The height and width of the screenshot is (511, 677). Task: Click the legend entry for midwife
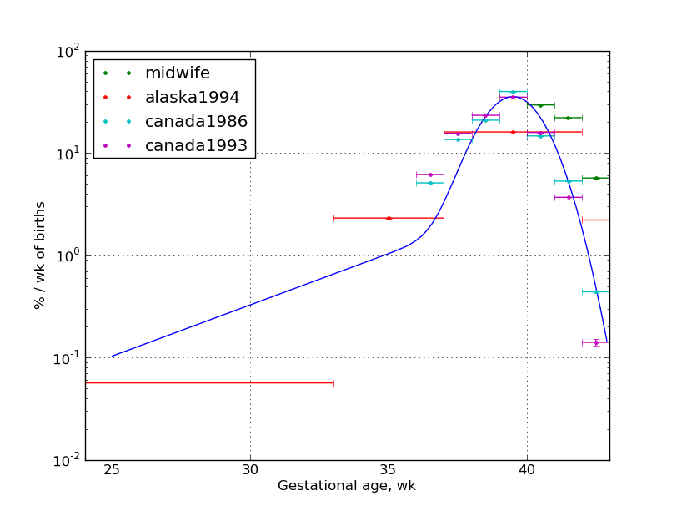[x=177, y=73]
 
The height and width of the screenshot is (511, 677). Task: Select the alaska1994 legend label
[x=192, y=98]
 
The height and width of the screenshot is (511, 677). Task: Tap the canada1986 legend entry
[x=196, y=122]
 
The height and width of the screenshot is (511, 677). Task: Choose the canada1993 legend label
[x=196, y=146]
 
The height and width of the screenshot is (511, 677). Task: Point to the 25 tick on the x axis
[x=113, y=470]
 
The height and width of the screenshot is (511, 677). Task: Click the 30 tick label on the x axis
[x=250, y=470]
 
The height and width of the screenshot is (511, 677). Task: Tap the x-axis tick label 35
[x=389, y=470]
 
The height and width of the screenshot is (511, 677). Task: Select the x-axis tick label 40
[x=527, y=470]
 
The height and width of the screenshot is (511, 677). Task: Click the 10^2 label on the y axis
[x=68, y=52]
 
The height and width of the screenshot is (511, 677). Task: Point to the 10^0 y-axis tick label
[x=68, y=255]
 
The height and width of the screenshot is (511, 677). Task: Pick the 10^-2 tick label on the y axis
[x=66, y=460]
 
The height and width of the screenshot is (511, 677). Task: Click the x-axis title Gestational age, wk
[x=347, y=486]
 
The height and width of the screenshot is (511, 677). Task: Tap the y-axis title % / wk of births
[x=40, y=255]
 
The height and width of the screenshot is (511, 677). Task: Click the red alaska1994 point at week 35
[x=389, y=218]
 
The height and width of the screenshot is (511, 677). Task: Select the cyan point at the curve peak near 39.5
[x=513, y=92]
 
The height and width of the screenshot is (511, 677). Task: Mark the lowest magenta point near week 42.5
[x=596, y=342]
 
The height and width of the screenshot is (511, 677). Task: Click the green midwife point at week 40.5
[x=540, y=105]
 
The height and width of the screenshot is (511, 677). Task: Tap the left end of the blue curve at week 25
[x=113, y=356]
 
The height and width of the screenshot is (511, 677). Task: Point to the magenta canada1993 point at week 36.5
[x=430, y=175]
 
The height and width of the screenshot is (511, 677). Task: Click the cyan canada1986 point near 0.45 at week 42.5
[x=596, y=291]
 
